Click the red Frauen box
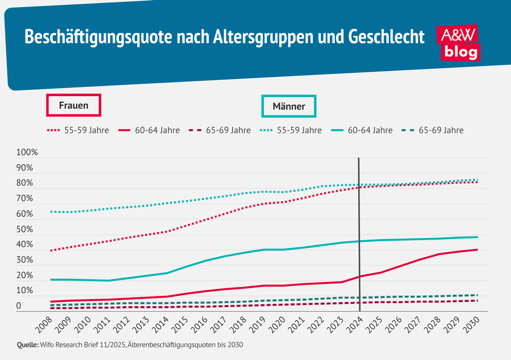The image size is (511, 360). tap(74, 105)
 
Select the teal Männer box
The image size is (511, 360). tap(289, 106)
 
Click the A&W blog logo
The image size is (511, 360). tap(459, 43)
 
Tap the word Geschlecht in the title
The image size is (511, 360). tap(386, 37)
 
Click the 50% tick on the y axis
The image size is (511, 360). tap(24, 230)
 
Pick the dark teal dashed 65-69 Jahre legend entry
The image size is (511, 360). tap(433, 130)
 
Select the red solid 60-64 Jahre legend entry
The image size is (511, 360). tap(149, 130)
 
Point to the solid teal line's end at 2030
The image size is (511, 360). tap(477, 237)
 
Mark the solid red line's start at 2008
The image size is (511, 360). tap(51, 302)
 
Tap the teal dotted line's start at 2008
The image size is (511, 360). tap(51, 211)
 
